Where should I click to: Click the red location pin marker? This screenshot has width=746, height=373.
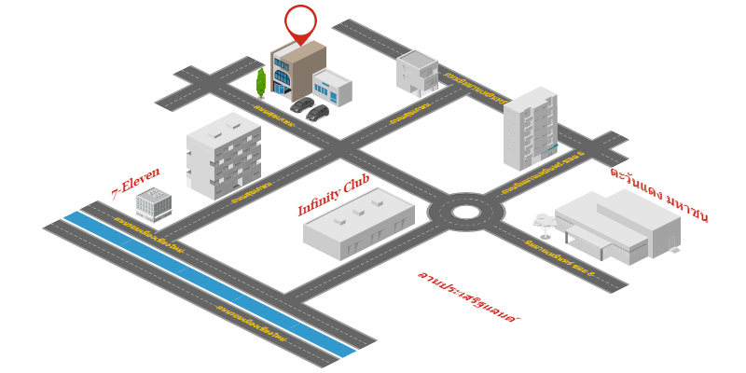pyautogui.click(x=300, y=23)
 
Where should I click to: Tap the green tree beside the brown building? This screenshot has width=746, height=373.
pyautogui.click(x=261, y=82)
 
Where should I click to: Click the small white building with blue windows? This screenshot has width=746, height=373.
pyautogui.click(x=332, y=88)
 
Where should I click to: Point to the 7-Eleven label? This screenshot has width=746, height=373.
pyautogui.click(x=136, y=183)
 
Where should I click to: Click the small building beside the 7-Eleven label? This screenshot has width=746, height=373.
pyautogui.click(x=154, y=204)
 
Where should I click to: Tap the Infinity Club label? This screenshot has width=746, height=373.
pyautogui.click(x=333, y=196)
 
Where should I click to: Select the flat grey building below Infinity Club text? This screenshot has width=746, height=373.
pyautogui.click(x=359, y=224)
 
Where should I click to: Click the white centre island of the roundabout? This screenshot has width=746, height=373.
pyautogui.click(x=465, y=212)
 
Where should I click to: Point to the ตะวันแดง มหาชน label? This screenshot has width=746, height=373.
pyautogui.click(x=659, y=194)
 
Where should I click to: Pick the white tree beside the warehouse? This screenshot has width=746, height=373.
pyautogui.click(x=545, y=224)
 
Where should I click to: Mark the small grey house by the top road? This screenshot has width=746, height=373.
pyautogui.click(x=417, y=73)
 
